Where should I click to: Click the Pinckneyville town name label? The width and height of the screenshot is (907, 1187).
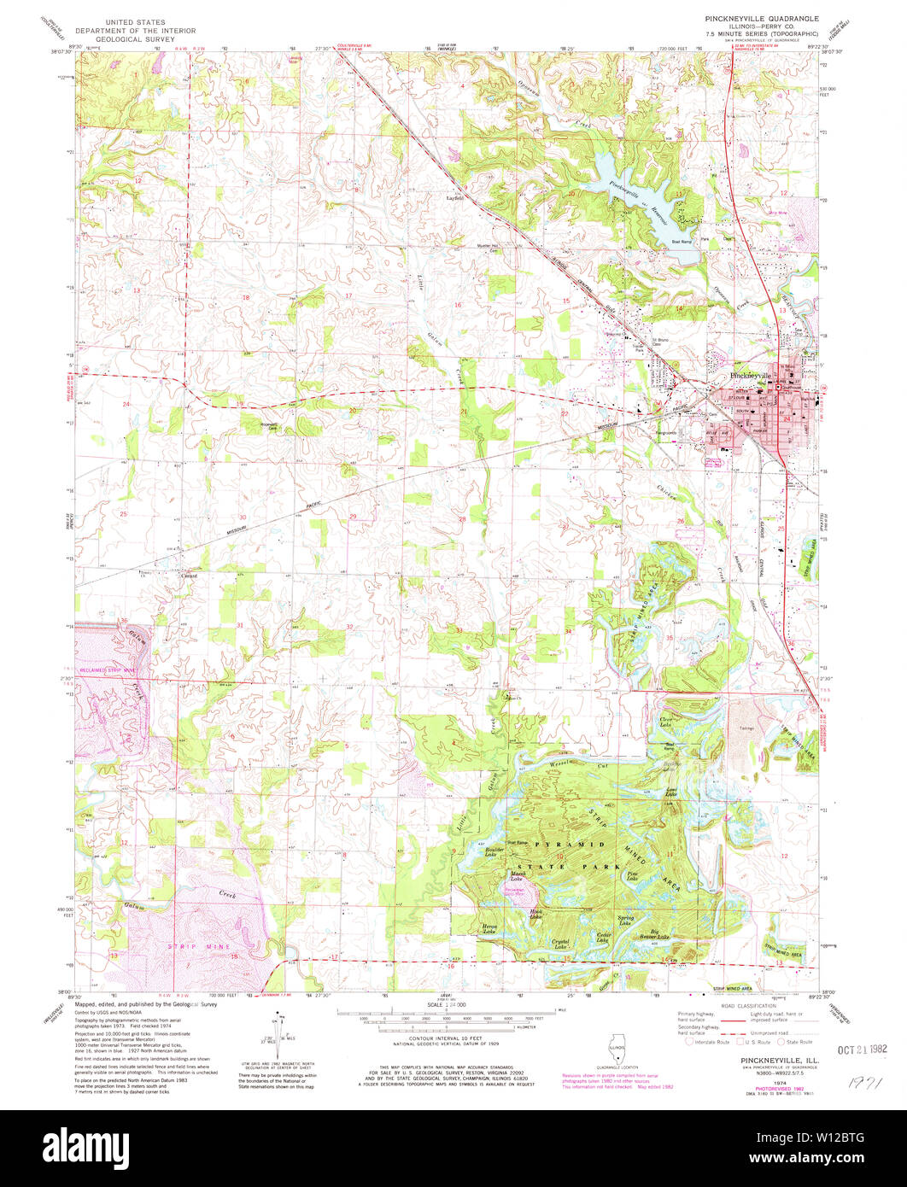[749, 375]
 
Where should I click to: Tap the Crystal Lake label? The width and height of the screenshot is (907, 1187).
[560, 944]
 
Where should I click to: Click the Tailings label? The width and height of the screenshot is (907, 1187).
[747, 728]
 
